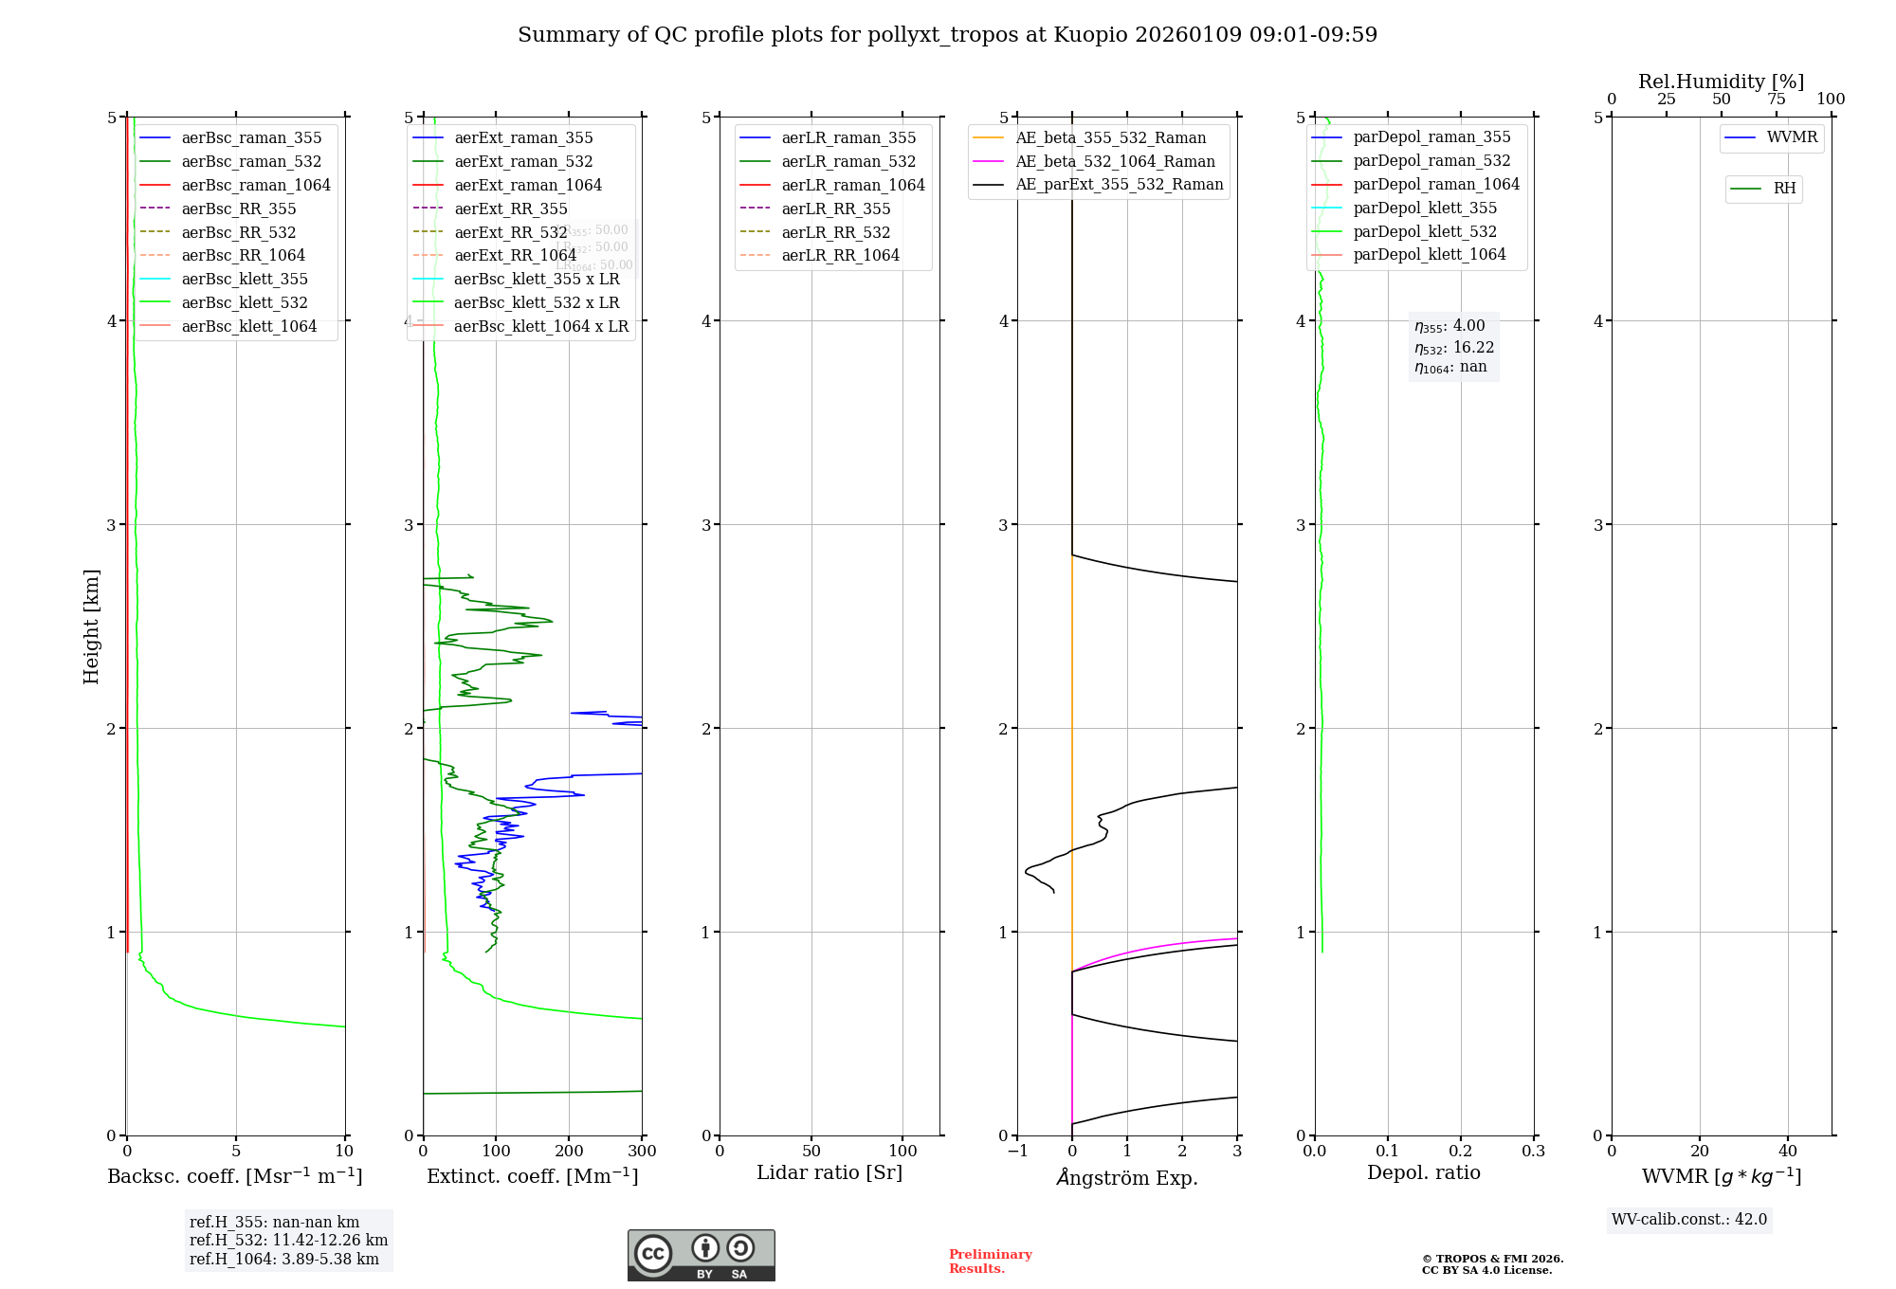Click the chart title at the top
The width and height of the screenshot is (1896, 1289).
(947, 35)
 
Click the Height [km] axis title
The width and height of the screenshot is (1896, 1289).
(91, 626)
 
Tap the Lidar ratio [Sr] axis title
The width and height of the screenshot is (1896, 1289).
(829, 1172)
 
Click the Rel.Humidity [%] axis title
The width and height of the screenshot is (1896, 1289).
(1721, 82)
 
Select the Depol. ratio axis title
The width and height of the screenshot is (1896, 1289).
(1423, 1172)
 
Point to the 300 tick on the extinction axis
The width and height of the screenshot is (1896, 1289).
(642, 1151)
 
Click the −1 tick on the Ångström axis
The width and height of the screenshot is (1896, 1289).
(1017, 1151)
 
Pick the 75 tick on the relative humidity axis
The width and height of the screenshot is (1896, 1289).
(1776, 100)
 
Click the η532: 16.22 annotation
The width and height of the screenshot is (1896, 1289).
(1454, 348)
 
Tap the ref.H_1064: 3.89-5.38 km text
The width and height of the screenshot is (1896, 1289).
(284, 1259)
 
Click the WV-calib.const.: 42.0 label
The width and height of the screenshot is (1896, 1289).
(1689, 1219)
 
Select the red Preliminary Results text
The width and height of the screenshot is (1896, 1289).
(990, 1262)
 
